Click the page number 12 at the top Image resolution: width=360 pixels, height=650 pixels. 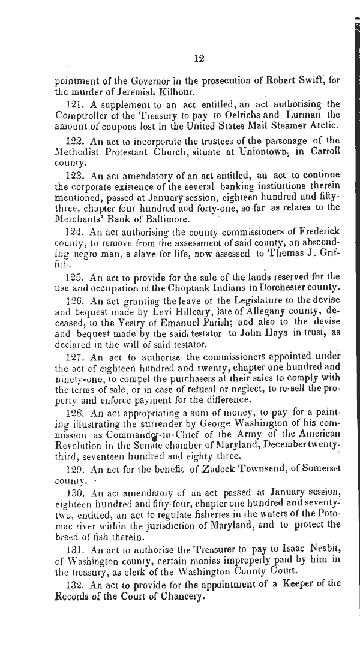point(200,58)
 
